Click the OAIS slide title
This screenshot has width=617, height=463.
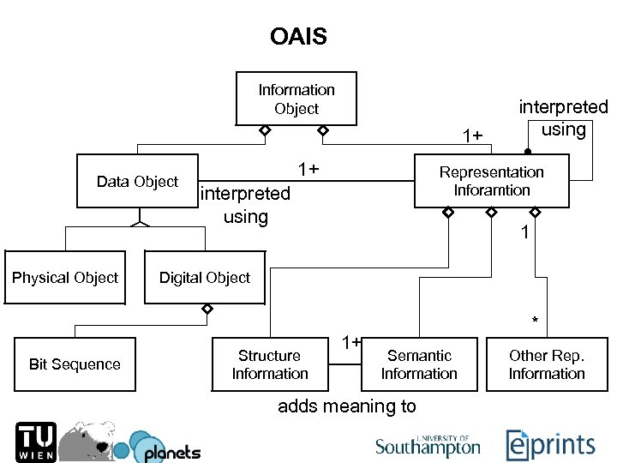pyautogui.click(x=298, y=37)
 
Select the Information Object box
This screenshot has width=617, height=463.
pyautogui.click(x=297, y=99)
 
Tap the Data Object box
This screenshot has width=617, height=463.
pyautogui.click(x=137, y=181)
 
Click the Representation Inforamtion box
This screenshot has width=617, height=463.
pyautogui.click(x=491, y=181)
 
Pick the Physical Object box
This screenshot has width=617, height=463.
pyautogui.click(x=65, y=278)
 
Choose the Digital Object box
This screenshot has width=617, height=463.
pyautogui.click(x=205, y=278)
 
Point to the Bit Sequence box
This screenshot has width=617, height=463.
pyautogui.click(x=75, y=364)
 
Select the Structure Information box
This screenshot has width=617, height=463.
pyautogui.click(x=270, y=364)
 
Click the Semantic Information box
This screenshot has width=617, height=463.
pyautogui.click(x=419, y=364)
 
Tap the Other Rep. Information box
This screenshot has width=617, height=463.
pyautogui.click(x=547, y=364)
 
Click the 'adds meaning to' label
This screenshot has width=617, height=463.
pyautogui.click(x=347, y=406)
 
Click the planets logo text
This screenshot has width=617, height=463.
pyautogui.click(x=172, y=452)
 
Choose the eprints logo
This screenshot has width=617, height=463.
pyautogui.click(x=550, y=444)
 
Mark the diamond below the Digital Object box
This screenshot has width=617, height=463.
pyautogui.click(x=207, y=309)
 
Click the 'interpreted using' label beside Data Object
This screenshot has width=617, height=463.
pyautogui.click(x=245, y=205)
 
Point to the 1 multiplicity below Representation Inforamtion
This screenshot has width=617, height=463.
pyautogui.click(x=525, y=232)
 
